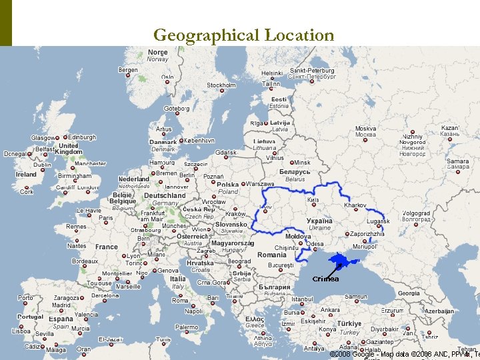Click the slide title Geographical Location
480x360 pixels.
[243, 35]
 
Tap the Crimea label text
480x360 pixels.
[325, 279]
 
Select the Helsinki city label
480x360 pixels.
[271, 73]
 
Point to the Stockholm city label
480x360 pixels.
[221, 85]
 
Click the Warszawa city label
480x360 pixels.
[260, 184]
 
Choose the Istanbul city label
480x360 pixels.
[301, 299]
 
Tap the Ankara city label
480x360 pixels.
[330, 310]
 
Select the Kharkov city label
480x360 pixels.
[355, 205]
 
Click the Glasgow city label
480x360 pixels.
[42, 138]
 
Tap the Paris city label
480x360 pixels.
[106, 217]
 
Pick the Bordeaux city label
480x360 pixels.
[85, 261]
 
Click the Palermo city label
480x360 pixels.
[187, 327]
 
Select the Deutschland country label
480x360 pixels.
[165, 196]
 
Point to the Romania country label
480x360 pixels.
[271, 255]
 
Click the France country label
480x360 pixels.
[107, 247]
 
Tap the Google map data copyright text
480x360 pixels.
[403, 354]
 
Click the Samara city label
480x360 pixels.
[457, 161]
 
